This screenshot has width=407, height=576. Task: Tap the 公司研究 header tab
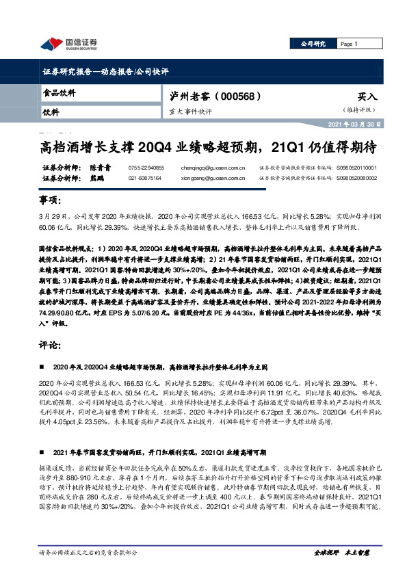coord(313,44)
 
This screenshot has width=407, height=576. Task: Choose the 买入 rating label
coord(367,97)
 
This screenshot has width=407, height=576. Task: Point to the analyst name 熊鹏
coord(99,178)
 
